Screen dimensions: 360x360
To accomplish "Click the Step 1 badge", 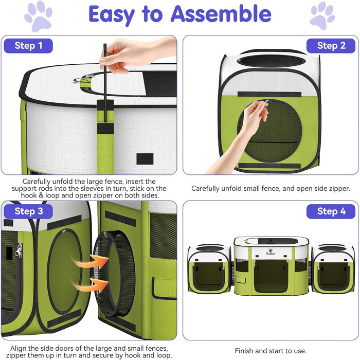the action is click(x=28, y=46).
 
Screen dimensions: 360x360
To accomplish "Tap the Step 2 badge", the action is click(x=331, y=46).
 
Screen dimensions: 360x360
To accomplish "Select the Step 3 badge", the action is click(x=28, y=211).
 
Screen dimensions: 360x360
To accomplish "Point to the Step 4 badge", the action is click(x=331, y=211).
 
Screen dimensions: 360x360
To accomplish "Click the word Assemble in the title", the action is click(x=221, y=14).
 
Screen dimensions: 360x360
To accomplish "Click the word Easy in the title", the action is click(x=112, y=15).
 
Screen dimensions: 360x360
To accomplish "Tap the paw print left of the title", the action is click(x=38, y=16).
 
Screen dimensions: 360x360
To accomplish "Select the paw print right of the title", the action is click(x=322, y=16).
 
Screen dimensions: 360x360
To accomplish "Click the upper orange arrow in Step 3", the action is click(x=89, y=259).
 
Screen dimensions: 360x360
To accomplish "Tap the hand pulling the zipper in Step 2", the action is click(x=241, y=135).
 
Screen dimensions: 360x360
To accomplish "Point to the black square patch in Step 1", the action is click(x=145, y=159).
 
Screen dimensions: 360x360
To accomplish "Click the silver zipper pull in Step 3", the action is click(x=19, y=251).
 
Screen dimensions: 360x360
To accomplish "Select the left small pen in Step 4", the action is click(x=209, y=269).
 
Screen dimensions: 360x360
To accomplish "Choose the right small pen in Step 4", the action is click(x=333, y=269).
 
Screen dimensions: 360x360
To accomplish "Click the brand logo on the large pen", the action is click(x=271, y=252).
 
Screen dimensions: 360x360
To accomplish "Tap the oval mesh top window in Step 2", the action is click(x=272, y=61).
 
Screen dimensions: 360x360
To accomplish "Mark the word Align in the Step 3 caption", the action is click(x=19, y=349).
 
